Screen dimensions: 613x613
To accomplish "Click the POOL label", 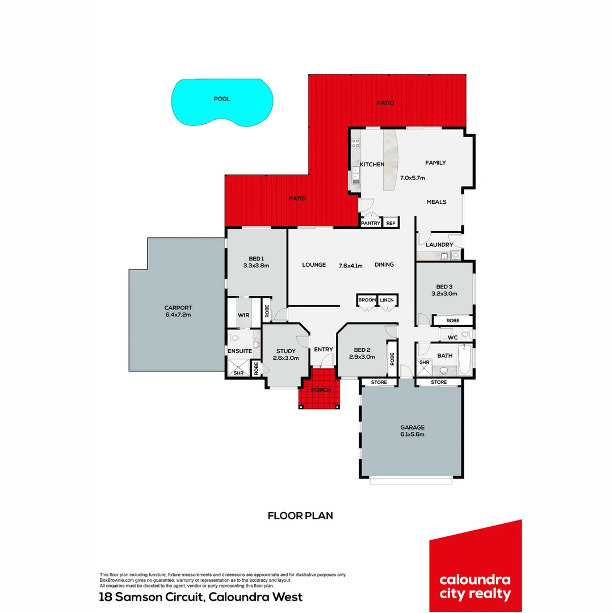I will [x=221, y=99].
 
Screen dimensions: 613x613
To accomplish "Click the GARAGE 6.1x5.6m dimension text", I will [x=412, y=434].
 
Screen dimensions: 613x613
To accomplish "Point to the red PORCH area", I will [x=321, y=397].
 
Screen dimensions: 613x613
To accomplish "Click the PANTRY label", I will [x=371, y=223].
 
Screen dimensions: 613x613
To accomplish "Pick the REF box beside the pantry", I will [x=391, y=223].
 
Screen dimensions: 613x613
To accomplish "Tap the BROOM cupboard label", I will [x=367, y=300].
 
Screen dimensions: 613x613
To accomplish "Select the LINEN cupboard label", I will [x=387, y=300].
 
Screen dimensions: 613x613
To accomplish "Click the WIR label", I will [x=243, y=314].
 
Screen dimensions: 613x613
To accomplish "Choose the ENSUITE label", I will [x=240, y=351].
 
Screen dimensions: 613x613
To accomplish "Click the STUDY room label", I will [x=286, y=351].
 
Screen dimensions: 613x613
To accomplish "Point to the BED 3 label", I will [x=444, y=286].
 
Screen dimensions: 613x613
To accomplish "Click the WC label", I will [x=452, y=338].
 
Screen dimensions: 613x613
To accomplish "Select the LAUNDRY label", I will [x=440, y=245].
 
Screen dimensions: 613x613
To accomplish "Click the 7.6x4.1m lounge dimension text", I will [x=350, y=264].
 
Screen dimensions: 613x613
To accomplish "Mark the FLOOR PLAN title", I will [x=300, y=516].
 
